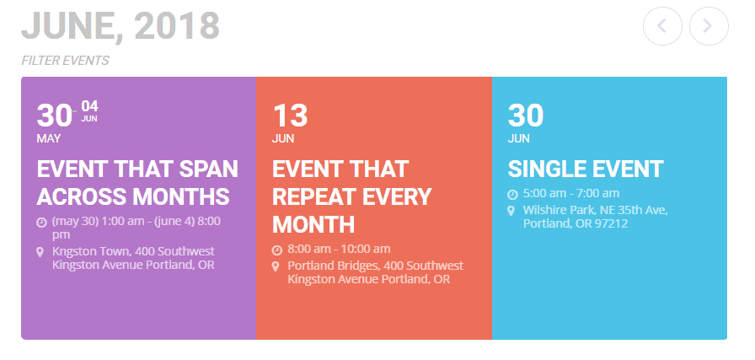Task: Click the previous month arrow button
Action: click(662, 26)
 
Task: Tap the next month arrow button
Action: click(709, 26)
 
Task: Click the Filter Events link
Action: click(65, 61)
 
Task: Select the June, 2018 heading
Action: click(120, 25)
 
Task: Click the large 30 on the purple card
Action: click(54, 116)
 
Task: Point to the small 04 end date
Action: click(89, 105)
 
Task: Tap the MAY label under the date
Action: click(49, 139)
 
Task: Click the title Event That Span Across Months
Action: click(137, 183)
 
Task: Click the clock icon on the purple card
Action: click(41, 223)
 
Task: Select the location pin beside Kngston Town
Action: click(40, 252)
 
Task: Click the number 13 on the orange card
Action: click(290, 116)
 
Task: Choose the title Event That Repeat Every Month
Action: click(352, 196)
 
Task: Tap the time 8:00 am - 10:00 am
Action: click(339, 250)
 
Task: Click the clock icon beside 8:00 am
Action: click(277, 250)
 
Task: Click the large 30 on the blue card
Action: click(525, 116)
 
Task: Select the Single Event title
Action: click(586, 169)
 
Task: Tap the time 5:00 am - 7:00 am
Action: click(571, 193)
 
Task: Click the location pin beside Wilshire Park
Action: click(511, 211)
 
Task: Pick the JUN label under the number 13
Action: click(282, 139)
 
